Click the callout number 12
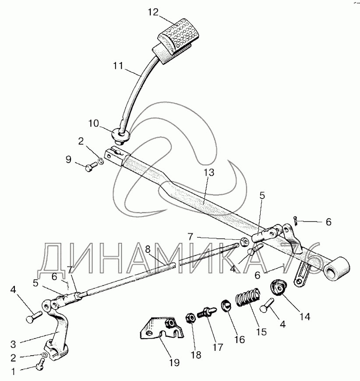click(153, 13)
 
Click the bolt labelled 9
click(91, 166)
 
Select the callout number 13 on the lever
click(209, 172)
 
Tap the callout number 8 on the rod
click(147, 248)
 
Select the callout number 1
click(14, 372)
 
